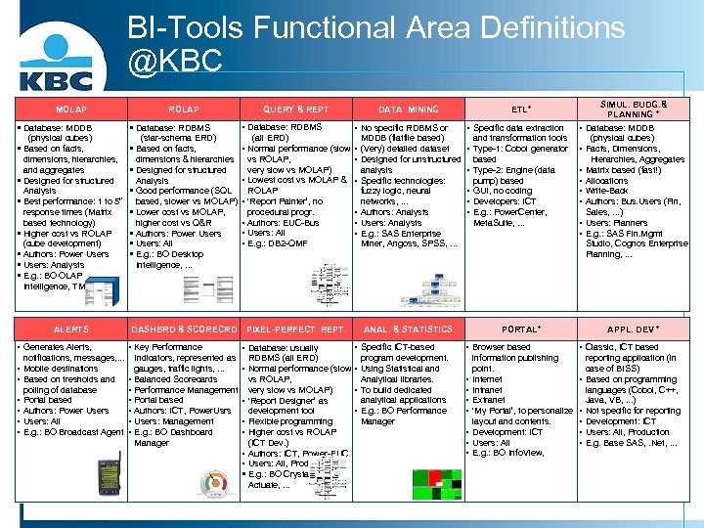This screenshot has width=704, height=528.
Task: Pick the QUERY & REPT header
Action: coord(296,110)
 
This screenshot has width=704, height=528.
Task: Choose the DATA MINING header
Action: coord(408,110)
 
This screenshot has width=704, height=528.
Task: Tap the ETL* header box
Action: coord(520,110)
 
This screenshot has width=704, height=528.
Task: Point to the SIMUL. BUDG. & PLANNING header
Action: coord(633,109)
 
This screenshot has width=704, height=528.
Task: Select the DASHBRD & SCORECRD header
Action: coord(185,330)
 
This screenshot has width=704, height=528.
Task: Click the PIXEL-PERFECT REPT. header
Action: coord(296,330)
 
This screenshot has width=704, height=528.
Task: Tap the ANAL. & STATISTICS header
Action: coord(408,330)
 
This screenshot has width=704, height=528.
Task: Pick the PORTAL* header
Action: coord(520,330)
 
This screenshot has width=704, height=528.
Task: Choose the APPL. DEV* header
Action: coord(633,330)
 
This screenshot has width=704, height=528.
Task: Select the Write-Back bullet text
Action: coord(611,191)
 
